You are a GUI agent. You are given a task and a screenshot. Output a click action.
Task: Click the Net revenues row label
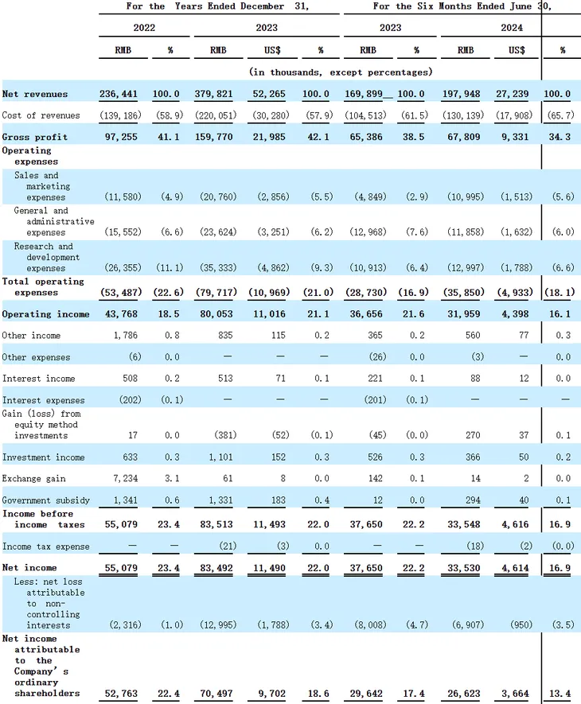click(34, 95)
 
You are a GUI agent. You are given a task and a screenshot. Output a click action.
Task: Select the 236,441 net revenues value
click(119, 95)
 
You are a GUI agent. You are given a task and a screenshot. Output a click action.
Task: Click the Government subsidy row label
click(45, 500)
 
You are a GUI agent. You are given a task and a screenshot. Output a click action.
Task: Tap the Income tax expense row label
click(46, 546)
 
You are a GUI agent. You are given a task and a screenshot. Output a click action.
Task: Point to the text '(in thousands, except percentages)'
click(341, 72)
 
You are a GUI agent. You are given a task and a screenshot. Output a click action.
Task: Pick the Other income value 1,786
click(124, 336)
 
